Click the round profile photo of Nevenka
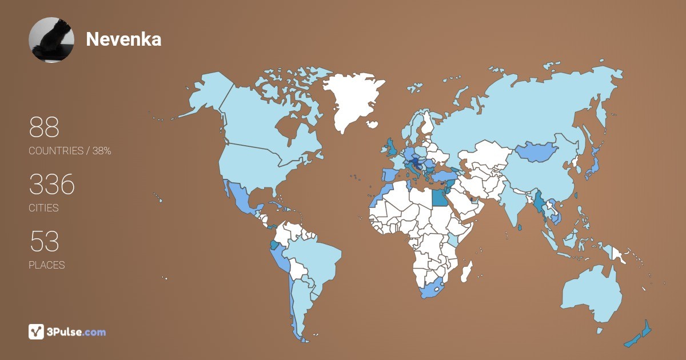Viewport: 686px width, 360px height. coord(51,39)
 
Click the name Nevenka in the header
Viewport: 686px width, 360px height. coord(123,39)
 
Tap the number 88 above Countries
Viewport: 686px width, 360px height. coord(44,127)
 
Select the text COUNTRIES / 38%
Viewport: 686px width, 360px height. coord(70,151)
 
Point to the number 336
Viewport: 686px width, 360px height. coord(52,185)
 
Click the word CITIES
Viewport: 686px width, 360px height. coord(43,208)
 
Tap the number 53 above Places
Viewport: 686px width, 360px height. coord(44,242)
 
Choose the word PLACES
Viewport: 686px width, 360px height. coord(46,265)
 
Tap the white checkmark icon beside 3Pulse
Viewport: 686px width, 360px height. coord(37,331)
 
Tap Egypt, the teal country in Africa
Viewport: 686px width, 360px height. coord(439,198)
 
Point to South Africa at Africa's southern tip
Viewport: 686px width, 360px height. coord(434,289)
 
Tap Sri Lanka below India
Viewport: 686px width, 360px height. coord(520,227)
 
